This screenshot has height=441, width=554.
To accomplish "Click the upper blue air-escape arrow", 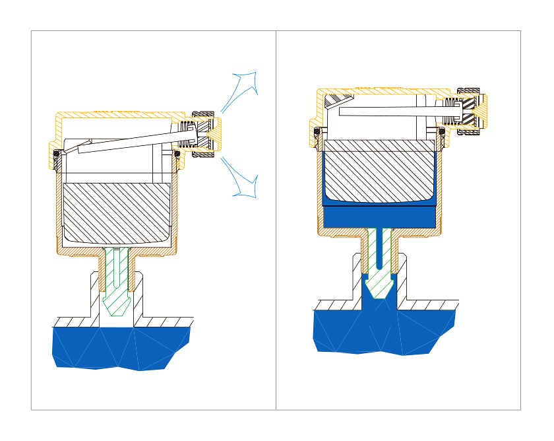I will pos(243,89).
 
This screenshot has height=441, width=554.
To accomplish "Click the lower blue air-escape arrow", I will pos(243,178).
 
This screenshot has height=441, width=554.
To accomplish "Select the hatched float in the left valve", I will pos(117,211).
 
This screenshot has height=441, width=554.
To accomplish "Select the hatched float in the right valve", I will pos(379,172).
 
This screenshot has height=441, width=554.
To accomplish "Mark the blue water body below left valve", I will pos(119,347).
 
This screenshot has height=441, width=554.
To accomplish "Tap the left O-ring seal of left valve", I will pos(57,154).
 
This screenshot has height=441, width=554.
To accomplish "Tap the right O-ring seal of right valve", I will pos(441,131).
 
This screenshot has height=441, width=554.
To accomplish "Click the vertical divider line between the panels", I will pos(276,218).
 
